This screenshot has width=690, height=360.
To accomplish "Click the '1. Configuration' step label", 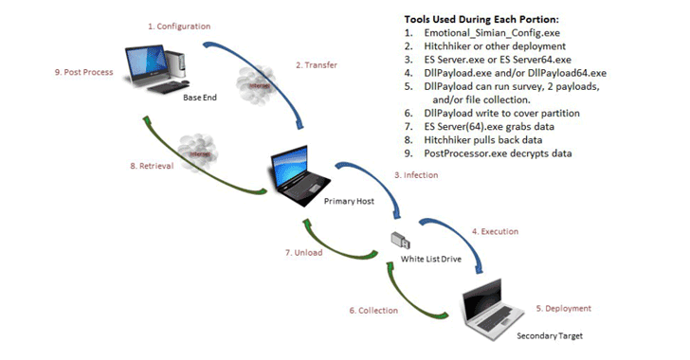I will point(179,27).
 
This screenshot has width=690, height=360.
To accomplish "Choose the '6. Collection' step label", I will point(374,311).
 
